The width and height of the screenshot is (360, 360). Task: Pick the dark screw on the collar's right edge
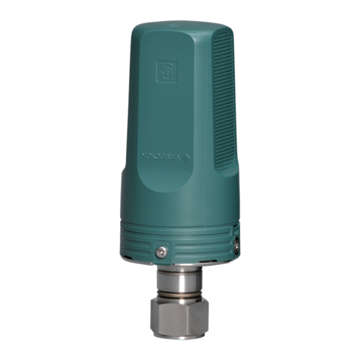[x=237, y=242]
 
